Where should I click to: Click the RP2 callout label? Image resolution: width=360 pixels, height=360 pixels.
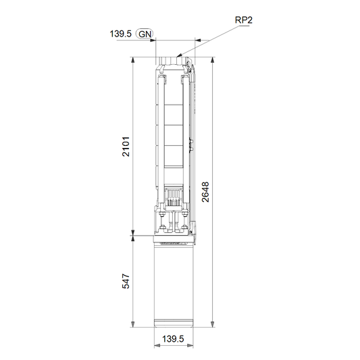244,20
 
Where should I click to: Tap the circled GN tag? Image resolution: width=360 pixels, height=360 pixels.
145,34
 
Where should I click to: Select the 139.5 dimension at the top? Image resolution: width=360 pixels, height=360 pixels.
120,34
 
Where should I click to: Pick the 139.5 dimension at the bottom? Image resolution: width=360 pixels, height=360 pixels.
173,339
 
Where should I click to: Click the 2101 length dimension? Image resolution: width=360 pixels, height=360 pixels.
126,147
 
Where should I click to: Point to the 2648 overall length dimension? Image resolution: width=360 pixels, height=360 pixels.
205,192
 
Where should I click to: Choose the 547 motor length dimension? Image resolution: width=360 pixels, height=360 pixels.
126,281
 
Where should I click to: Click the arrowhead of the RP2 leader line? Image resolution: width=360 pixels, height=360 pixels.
179,55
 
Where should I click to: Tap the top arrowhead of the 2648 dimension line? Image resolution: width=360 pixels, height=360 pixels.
213,60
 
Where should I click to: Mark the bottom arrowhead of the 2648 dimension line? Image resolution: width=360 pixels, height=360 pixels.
213,324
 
